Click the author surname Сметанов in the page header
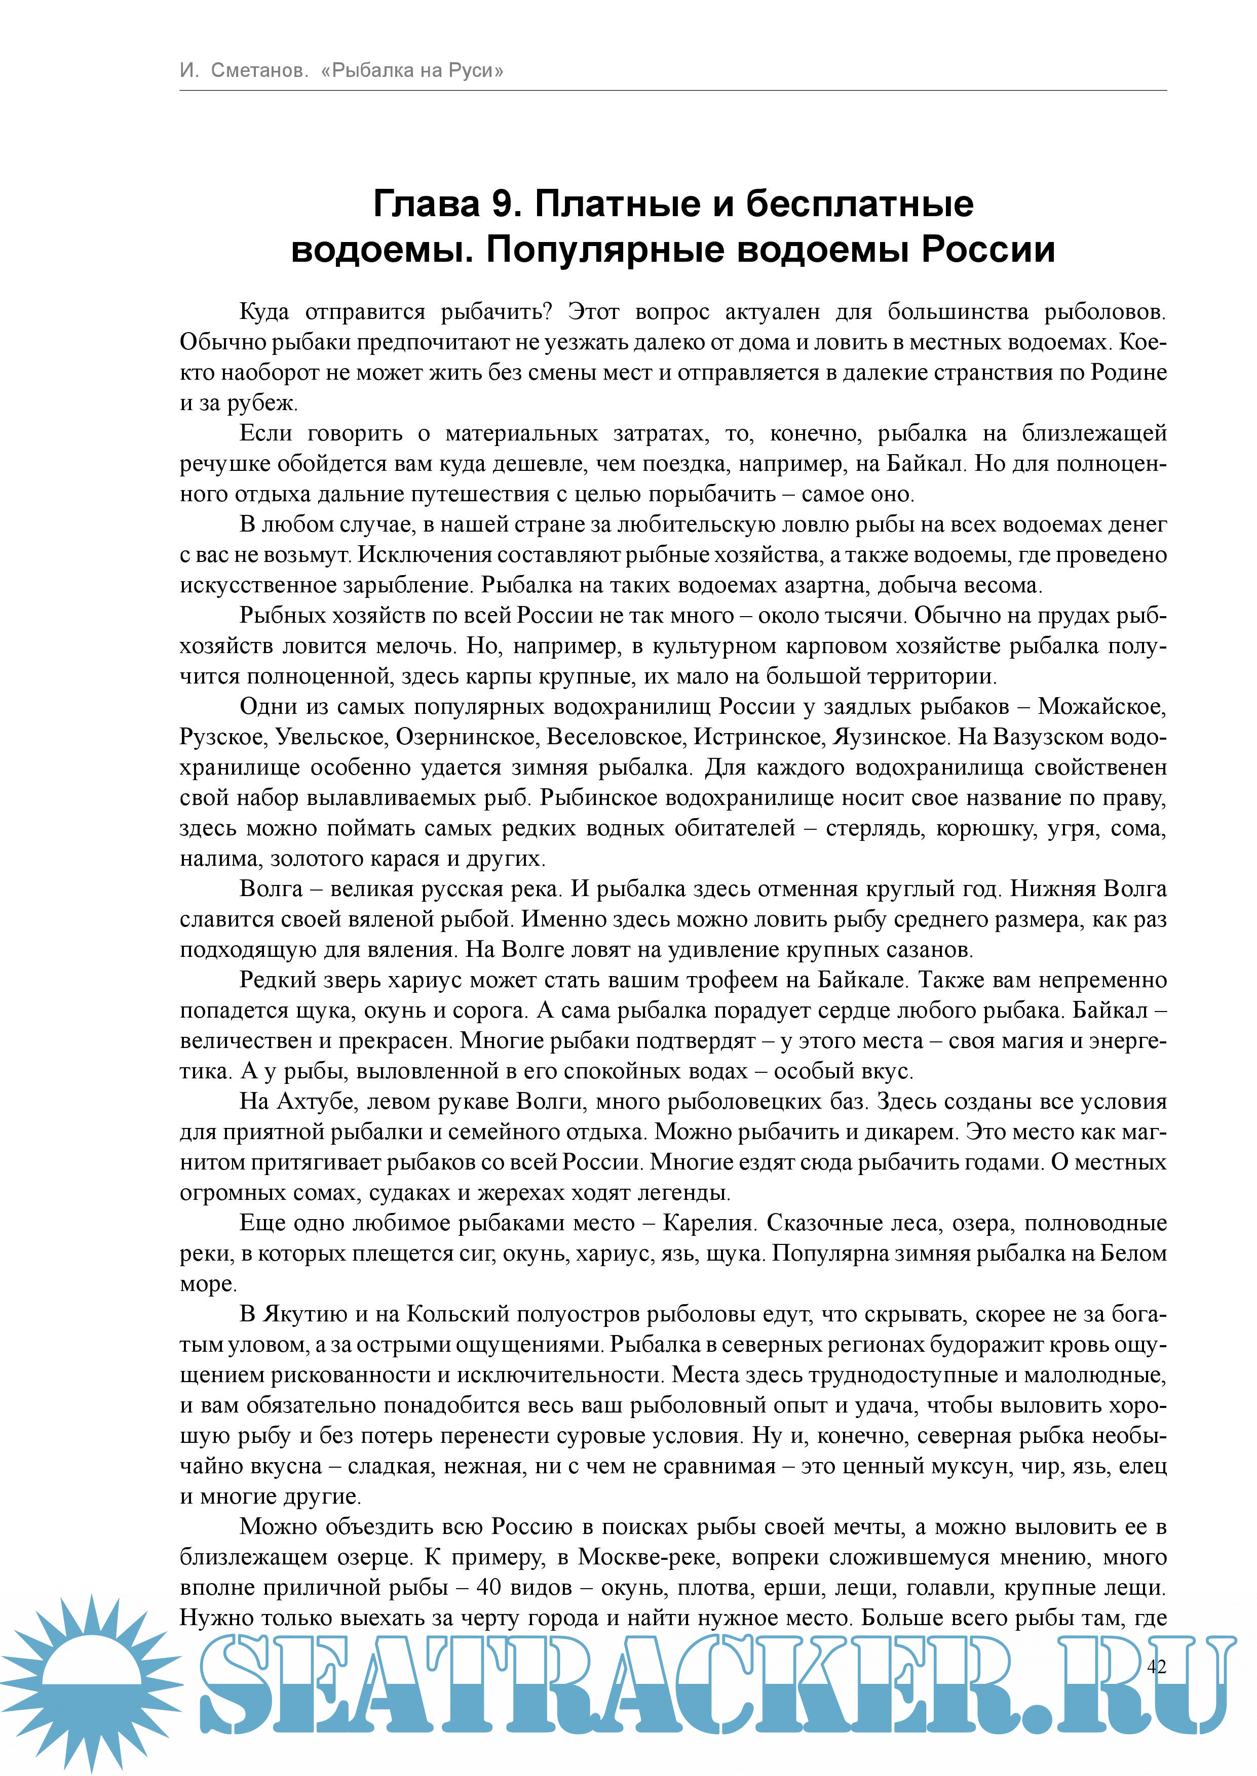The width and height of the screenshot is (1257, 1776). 259,70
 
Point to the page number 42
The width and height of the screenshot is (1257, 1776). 1156,1666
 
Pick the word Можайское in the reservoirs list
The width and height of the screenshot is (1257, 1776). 1101,706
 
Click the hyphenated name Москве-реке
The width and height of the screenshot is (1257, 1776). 646,1557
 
